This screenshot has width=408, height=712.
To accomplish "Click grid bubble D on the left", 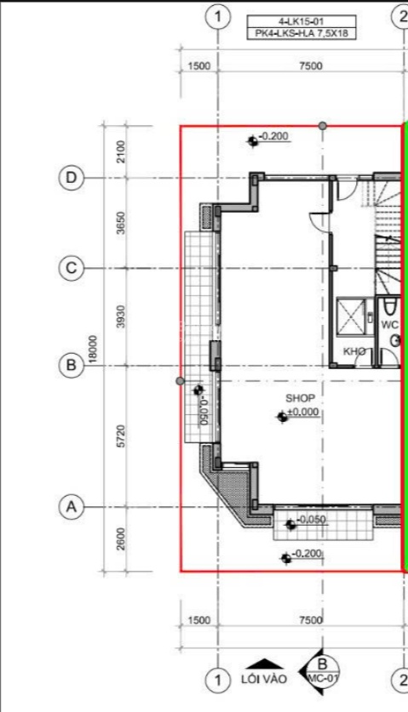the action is coord(72,178).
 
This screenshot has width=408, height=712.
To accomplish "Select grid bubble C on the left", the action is coord(72,268).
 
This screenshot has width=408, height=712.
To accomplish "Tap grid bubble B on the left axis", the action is coord(72,366).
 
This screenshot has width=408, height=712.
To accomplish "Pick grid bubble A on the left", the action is coord(72,507).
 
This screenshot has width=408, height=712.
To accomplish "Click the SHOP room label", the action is coord(300,398).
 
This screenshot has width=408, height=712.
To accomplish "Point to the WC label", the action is coord(389,325).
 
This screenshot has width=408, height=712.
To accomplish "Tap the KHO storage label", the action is coord(354,351).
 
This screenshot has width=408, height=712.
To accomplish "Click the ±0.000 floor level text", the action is coord(303,412).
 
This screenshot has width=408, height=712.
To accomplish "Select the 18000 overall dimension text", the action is coord(93,349).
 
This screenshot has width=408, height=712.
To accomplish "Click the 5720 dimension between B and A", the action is coord(121,436).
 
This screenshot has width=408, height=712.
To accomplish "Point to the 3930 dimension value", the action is coord(121,316).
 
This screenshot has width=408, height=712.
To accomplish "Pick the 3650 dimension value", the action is coord(121,223).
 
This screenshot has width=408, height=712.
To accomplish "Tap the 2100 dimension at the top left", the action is coord(121,151).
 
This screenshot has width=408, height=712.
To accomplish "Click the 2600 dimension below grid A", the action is coord(121,539).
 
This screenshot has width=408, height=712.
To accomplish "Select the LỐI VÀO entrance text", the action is coord(264,680).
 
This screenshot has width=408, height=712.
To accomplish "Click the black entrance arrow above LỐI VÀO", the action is coord(264,664).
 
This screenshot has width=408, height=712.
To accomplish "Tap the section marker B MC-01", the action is coord(321,670).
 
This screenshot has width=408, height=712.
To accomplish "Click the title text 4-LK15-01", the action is coord(302,21).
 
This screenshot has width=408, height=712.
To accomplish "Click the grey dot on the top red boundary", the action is coord(323,125).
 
